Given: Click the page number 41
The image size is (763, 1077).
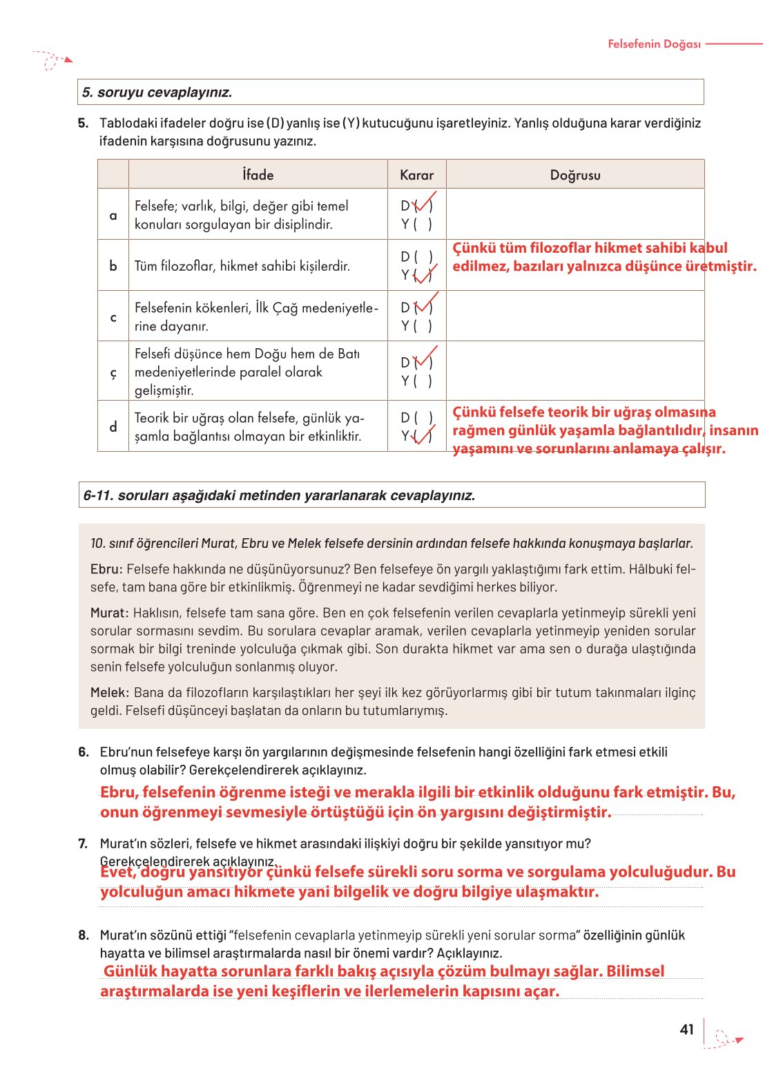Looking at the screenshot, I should (x=686, y=1029).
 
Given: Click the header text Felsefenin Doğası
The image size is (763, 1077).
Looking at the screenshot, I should (x=654, y=44).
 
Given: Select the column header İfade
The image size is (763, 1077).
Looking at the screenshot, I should (x=258, y=175).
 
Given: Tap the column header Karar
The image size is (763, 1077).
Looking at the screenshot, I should (x=416, y=175).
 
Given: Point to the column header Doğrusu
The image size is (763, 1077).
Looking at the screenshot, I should (x=574, y=175).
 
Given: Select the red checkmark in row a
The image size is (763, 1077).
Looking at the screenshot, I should (x=423, y=202).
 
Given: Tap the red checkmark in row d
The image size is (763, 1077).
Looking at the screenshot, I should (x=423, y=435).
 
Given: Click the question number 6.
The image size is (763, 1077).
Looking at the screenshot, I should (x=83, y=752).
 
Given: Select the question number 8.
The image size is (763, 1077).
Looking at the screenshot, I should (x=83, y=935).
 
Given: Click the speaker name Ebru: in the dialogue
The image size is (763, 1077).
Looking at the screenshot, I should (x=106, y=569).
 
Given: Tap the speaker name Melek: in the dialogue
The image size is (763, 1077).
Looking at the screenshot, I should (x=109, y=692).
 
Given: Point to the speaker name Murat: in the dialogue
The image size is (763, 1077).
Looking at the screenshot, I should (x=109, y=613).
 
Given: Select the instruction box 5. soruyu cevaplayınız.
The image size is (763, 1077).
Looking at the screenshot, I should (x=390, y=92).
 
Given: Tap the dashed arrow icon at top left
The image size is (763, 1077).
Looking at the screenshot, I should (x=52, y=61).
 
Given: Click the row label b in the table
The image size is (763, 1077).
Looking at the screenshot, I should (x=113, y=266).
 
